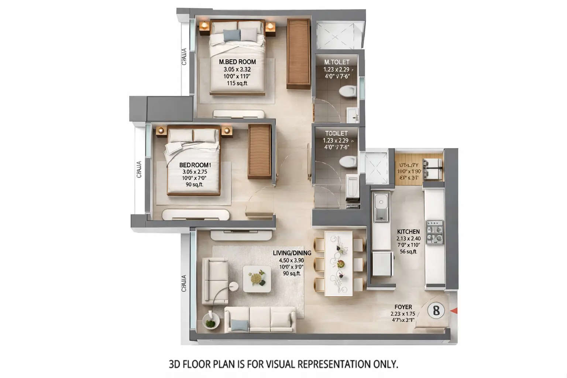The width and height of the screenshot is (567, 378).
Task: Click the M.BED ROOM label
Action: point(237,62)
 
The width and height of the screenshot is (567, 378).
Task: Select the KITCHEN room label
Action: point(408,231)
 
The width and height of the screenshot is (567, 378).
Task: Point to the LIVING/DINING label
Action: point(292,253)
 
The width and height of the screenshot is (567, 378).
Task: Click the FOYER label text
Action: point(403,307)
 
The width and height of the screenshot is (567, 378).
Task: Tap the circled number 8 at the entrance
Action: point(436,310)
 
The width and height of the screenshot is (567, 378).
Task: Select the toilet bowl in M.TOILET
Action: point(347,91)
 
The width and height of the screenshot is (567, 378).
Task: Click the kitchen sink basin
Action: point(380,202)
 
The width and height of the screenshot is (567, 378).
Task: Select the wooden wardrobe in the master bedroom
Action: point(298,54)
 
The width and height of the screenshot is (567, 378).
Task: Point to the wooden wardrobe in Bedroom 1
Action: point(260,151)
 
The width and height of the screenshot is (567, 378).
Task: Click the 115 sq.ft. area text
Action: point(237,83)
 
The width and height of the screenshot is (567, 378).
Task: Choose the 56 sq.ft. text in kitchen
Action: point(408,252)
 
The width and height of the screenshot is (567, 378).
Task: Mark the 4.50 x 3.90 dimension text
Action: point(292,260)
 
